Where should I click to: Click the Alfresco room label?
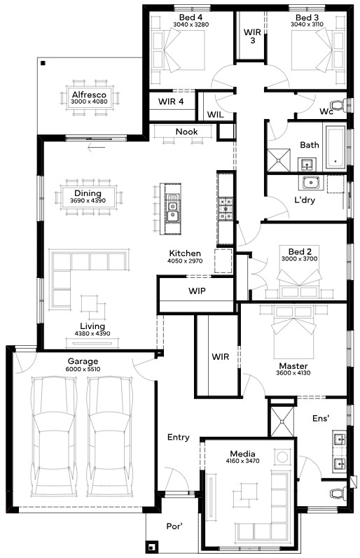point(89,95)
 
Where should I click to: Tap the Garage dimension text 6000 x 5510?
point(83,369)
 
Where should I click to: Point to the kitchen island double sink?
point(172,211)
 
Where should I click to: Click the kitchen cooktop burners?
point(226,209)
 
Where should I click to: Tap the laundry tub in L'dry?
point(312,183)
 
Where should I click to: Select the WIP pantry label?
point(197,291)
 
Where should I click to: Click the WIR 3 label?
point(252,36)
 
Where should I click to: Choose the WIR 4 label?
point(171,102)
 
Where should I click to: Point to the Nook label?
point(186,132)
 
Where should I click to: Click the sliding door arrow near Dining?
point(97,147)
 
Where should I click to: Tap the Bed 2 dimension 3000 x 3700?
point(300,259)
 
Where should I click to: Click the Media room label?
point(242,454)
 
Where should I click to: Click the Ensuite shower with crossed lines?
point(282,421)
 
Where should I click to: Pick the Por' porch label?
point(174,526)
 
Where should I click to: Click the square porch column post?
point(152,546)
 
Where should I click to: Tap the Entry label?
point(179,438)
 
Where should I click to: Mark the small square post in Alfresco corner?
point(43,63)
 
